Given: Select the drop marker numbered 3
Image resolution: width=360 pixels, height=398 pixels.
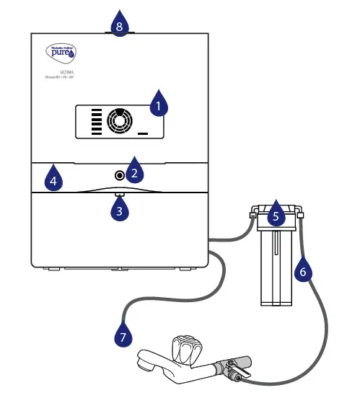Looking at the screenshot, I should tap(120, 210).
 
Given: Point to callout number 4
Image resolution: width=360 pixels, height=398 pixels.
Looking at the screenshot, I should tap(53, 178).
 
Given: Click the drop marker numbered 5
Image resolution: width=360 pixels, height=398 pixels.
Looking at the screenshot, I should tap(275, 214).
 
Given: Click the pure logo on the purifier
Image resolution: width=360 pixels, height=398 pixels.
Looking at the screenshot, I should tap(60, 52).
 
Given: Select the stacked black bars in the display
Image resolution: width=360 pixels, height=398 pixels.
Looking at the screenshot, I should tap(96, 122).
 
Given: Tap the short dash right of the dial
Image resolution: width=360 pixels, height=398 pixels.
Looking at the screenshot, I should tap(142, 134).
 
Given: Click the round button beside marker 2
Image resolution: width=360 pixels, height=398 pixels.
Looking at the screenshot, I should tap(118, 174).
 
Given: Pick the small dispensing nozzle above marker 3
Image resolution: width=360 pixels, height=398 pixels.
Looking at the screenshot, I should tap(119, 194).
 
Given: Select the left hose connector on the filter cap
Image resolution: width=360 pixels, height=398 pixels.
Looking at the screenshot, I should tap(251, 213).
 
